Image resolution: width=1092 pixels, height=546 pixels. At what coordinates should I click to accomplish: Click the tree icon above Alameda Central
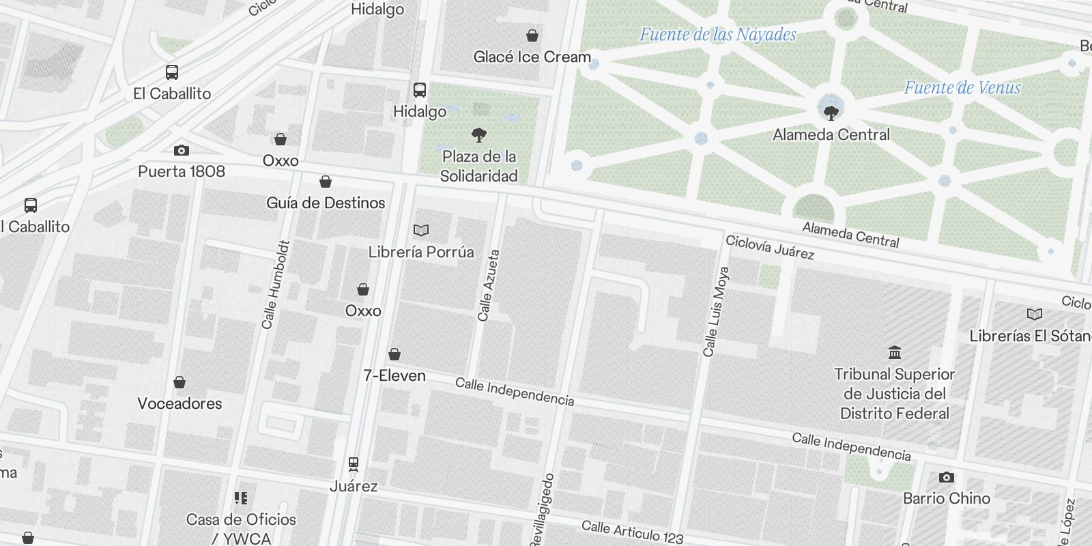[x=831, y=112]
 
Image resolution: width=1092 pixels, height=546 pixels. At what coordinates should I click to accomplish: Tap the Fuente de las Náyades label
[x=717, y=34]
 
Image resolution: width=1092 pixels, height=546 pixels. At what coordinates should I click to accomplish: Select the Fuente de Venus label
[x=962, y=87]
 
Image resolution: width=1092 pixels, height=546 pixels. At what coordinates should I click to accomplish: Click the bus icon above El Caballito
[x=172, y=72]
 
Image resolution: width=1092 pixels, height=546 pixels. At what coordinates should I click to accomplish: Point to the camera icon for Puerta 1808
[x=181, y=150]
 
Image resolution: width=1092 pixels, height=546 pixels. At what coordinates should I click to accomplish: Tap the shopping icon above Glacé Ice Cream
[x=532, y=35]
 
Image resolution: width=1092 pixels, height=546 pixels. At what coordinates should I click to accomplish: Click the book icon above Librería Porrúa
[x=421, y=231]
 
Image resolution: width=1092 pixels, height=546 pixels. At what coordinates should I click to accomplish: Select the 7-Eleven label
[x=394, y=375]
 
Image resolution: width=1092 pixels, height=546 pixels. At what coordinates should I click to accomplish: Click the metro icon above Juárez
[x=354, y=464]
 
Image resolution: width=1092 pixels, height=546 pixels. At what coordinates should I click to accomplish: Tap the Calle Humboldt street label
[x=276, y=284]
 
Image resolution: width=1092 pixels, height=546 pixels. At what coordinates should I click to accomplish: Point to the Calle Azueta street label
[x=489, y=285]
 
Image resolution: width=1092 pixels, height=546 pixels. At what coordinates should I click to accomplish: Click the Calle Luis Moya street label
[x=717, y=311]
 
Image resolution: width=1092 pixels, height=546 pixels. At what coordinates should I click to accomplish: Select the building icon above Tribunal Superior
[x=895, y=353]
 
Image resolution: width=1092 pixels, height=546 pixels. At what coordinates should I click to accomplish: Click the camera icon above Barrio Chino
[x=946, y=477]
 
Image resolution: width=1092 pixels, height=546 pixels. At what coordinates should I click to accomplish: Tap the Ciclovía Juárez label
[x=769, y=247]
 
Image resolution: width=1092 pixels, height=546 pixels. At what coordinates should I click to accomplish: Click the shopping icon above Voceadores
[x=179, y=382]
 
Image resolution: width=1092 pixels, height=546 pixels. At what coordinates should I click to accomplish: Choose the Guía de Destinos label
[x=326, y=203]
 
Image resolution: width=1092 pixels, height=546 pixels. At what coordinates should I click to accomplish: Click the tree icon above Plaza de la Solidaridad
[x=479, y=134]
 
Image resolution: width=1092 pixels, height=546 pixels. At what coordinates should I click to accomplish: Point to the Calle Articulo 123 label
[x=632, y=532]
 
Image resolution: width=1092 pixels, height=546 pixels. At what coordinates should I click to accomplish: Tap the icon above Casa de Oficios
[x=241, y=498]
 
